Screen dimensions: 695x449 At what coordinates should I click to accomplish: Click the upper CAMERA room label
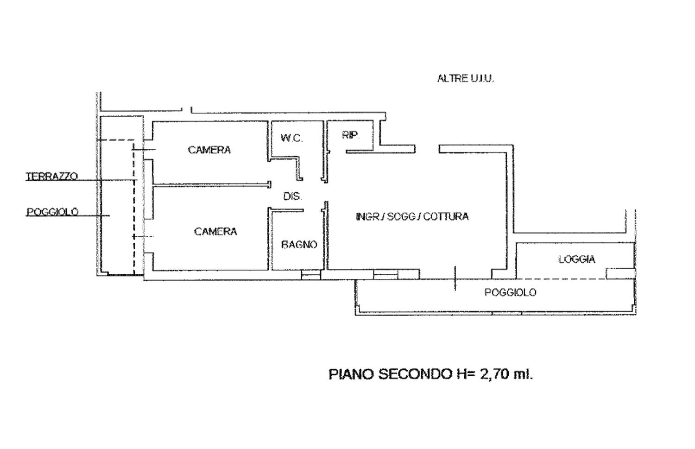pyautogui.click(x=209, y=150)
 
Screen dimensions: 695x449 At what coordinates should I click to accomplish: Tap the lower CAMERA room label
pyautogui.click(x=215, y=232)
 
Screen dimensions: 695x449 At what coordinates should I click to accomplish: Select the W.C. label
pyautogui.click(x=291, y=138)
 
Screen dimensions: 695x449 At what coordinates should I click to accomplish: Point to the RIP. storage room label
pyautogui.click(x=351, y=135)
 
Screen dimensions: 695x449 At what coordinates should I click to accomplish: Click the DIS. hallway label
pyautogui.click(x=292, y=196)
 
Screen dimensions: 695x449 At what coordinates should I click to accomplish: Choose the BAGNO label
pyautogui.click(x=299, y=245)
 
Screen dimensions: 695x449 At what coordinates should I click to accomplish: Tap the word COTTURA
pyautogui.click(x=446, y=216)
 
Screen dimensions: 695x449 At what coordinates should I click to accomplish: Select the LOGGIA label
pyautogui.click(x=577, y=259)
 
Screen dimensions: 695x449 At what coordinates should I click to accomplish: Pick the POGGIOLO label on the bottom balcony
pyautogui.click(x=511, y=292)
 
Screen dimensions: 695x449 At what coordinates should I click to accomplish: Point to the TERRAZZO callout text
pyautogui.click(x=51, y=176)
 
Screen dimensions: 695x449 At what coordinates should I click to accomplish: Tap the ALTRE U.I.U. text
pyautogui.click(x=465, y=78)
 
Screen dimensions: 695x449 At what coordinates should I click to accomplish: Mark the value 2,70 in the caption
pyautogui.click(x=495, y=374)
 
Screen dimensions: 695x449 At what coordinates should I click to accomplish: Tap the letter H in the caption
pyautogui.click(x=461, y=374)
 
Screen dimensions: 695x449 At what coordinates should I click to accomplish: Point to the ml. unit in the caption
pyautogui.click(x=524, y=374)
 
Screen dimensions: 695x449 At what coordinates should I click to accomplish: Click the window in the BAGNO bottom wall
pyautogui.click(x=311, y=275)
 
